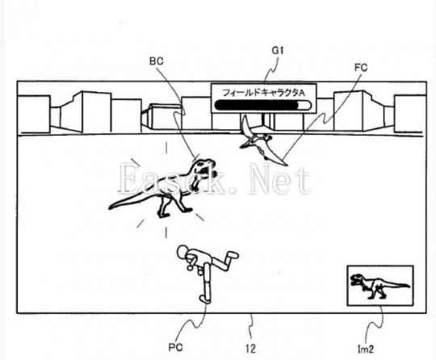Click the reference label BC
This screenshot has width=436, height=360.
coord(157,61)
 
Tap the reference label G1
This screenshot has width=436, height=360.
coord(278,50)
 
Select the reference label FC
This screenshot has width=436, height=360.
coord(361,68)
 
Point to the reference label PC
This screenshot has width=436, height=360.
coord(175,347)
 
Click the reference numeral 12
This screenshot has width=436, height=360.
coord(250,349)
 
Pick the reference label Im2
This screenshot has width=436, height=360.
coord(366,350)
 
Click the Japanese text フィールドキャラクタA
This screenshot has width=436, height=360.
coord(263,93)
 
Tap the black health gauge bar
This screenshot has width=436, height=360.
coord(256,106)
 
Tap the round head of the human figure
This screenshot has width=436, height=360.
coord(183,252)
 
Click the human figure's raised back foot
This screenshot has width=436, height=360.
coord(233,254)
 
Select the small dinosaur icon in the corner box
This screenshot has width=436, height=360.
coord(379,286)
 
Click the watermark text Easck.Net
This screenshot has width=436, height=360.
coord(215,179)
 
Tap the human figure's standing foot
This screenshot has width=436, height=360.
coord(205,299)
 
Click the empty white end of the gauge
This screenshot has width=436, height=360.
coord(304,106)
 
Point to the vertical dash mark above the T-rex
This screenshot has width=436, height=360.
coord(166,148)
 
